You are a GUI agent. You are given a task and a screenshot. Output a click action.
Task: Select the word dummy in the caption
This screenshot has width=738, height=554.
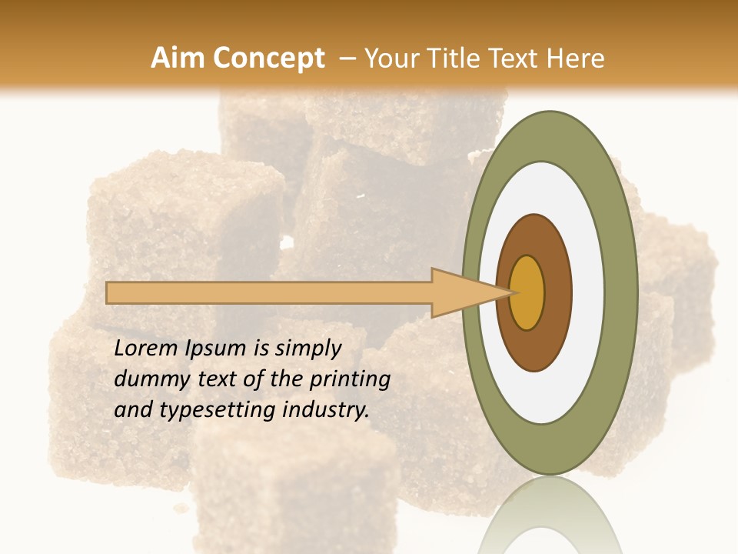click(148, 379)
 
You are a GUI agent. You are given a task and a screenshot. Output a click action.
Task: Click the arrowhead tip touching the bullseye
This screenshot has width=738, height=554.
click(511, 292)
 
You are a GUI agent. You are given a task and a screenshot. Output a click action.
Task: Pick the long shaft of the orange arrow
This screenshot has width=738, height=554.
click(269, 292)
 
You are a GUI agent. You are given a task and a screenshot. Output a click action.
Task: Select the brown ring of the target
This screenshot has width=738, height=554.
click(557, 292)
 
